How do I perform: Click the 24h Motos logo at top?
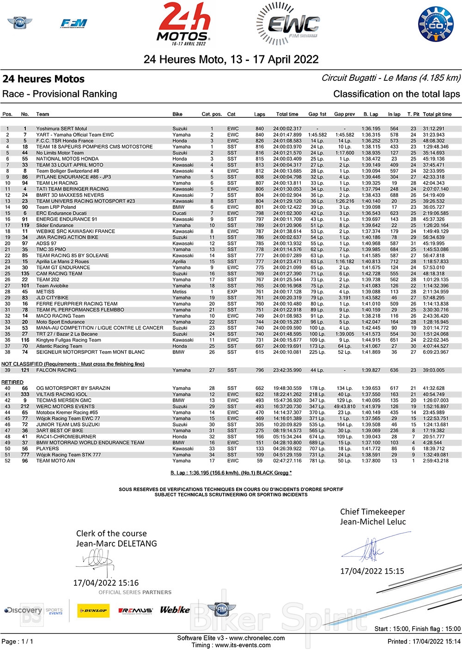[x=183, y=24]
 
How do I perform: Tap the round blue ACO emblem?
[x=436, y=24]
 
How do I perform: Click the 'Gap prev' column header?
[x=344, y=114]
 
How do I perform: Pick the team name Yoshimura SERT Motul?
[x=61, y=129]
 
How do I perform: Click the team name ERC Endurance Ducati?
[x=61, y=213]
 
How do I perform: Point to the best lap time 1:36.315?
[x=371, y=135]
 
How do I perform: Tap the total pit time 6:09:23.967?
[x=436, y=352]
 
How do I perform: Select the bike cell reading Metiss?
[x=180, y=292]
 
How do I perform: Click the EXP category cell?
[x=232, y=292]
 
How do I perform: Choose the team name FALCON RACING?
[x=56, y=370]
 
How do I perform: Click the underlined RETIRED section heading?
[x=12, y=382]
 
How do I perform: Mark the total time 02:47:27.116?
[x=287, y=461]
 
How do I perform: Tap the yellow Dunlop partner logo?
[x=93, y=610]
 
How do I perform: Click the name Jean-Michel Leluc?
[x=373, y=522]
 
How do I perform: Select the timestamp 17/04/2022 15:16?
[x=106, y=583]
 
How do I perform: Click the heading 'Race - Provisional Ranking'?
[x=60, y=94]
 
